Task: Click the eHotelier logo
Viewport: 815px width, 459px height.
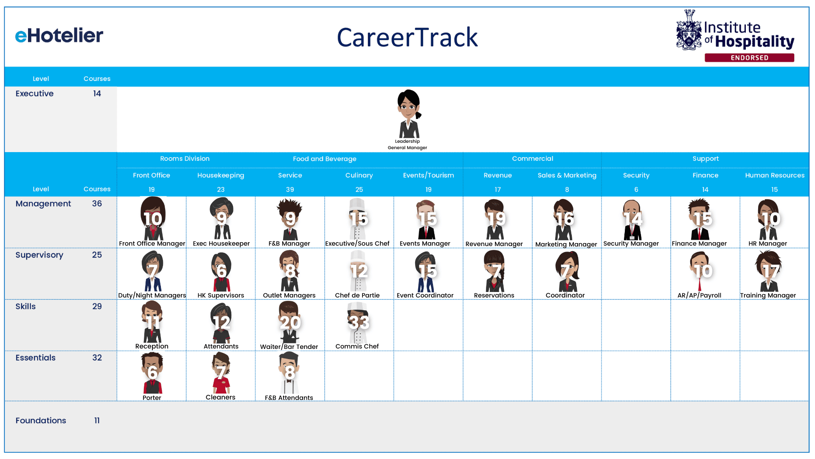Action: coord(59,36)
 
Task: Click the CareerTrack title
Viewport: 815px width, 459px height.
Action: coord(407,37)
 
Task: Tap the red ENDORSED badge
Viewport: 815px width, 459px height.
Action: coord(749,58)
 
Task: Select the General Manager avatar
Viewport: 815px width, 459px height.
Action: coord(409,113)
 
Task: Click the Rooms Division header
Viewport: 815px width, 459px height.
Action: coord(185,159)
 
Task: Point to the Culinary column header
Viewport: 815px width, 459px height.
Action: coord(359,175)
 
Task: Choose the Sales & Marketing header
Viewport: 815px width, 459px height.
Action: coord(567,175)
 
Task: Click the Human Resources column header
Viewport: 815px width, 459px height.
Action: coord(775,175)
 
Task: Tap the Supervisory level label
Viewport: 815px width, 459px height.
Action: coord(39,255)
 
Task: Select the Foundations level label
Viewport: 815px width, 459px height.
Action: coord(41,420)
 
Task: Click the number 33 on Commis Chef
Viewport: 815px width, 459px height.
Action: coord(359,322)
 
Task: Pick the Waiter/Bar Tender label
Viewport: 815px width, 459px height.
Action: coord(289,347)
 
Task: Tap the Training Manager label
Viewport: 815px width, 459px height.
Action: coord(768,295)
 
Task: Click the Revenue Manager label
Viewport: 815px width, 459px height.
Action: coord(494,244)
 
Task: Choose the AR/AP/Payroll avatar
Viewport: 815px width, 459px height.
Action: coord(700,271)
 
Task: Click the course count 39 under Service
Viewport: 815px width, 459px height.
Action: coord(290,190)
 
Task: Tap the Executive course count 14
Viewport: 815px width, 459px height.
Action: coord(97,93)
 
